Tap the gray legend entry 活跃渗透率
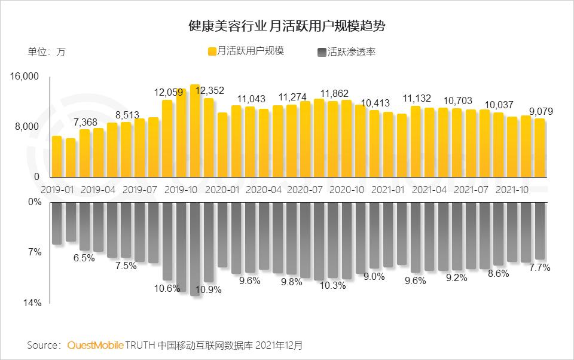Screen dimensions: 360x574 [x=348, y=52]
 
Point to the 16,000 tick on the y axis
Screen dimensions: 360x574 [x=24, y=77]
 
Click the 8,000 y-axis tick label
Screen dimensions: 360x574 [x=26, y=127]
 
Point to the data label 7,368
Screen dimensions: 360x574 [x=85, y=122]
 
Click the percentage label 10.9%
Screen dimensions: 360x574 [x=208, y=289]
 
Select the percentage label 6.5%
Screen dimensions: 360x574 [x=84, y=258]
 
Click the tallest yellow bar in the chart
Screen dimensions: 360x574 [x=195, y=131]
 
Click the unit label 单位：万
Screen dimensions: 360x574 [x=47, y=52]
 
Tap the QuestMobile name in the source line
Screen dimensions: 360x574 [x=96, y=345]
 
